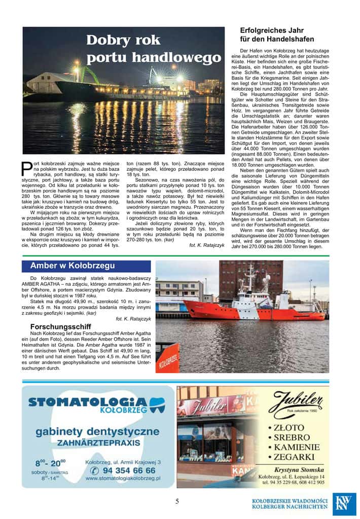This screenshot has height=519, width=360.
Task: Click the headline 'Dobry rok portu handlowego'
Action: pyautogui.click(x=154, y=49)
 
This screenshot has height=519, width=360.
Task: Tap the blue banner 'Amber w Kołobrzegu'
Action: pyautogui.click(x=73, y=266)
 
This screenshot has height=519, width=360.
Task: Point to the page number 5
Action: pyautogui.click(x=177, y=501)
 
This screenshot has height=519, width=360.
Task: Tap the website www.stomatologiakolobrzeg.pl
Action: pyautogui.click(x=123, y=478)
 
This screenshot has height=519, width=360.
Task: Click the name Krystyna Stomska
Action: pyautogui.click(x=296, y=470)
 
